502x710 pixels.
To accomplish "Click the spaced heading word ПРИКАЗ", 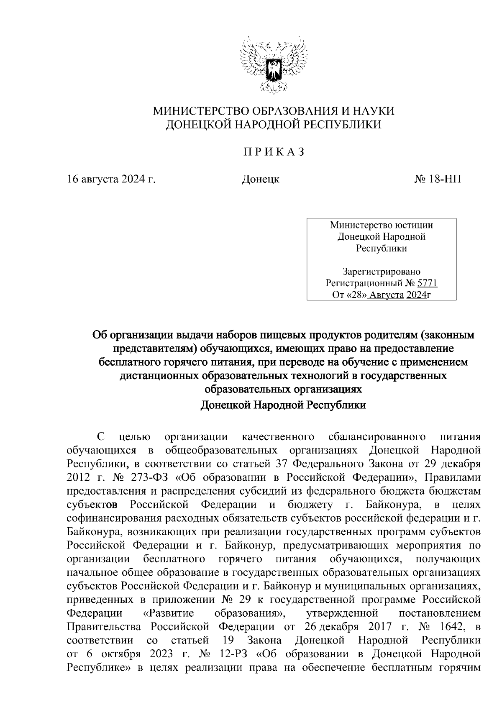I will point(274,152).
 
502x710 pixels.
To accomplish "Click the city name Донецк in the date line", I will point(261,179).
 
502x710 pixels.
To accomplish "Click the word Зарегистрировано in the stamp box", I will point(382,272).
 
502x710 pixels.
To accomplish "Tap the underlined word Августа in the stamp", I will point(387,295).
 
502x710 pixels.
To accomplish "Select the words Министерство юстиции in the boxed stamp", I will point(382,225).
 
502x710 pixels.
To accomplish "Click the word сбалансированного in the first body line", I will point(374,437).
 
